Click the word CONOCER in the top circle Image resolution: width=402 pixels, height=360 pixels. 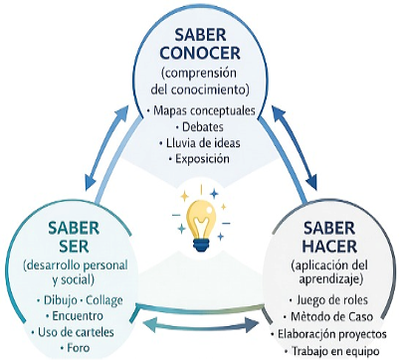(200, 53)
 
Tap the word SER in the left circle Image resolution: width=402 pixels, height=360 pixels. (74, 246)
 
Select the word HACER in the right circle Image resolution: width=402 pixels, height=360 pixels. (330, 246)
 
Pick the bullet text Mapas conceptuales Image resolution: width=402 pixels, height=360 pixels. (201, 110)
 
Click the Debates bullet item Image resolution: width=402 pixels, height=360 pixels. (199, 126)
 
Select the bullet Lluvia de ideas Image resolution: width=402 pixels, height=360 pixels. (199, 143)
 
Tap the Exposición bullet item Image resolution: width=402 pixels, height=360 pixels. (199, 159)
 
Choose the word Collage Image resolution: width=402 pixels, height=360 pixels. (104, 300)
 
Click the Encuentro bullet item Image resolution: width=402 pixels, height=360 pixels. (74, 315)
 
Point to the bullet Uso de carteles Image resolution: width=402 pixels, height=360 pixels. (73, 332)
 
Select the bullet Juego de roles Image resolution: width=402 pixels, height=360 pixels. (328, 300)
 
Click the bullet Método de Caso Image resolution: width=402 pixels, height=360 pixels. (328, 316)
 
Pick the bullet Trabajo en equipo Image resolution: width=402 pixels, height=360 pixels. (331, 351)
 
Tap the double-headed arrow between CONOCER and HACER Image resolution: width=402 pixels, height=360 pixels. (294, 147)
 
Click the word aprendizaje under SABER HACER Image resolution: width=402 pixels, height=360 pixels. (329, 279)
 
